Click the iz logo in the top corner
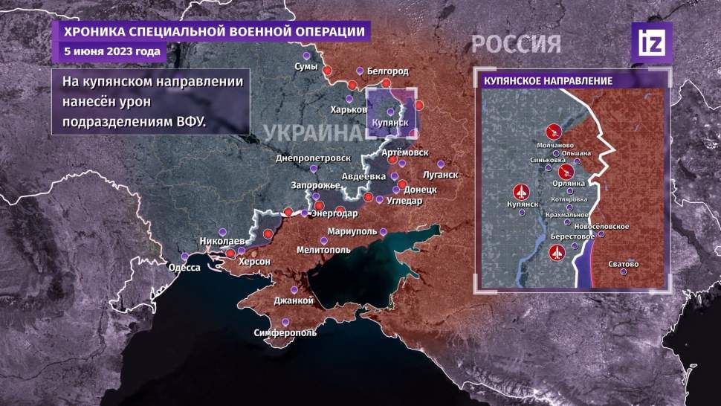pyautogui.click(x=652, y=42)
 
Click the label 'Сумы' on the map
pyautogui.click(x=306, y=67)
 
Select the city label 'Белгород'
pyautogui.click(x=387, y=71)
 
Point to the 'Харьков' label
pyautogui.click(x=348, y=109)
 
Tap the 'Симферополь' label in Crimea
pyautogui.click(x=285, y=332)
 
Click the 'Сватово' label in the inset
pyautogui.click(x=623, y=264)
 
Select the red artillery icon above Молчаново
pyautogui.click(x=553, y=131)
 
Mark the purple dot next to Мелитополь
pyautogui.click(x=323, y=239)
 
